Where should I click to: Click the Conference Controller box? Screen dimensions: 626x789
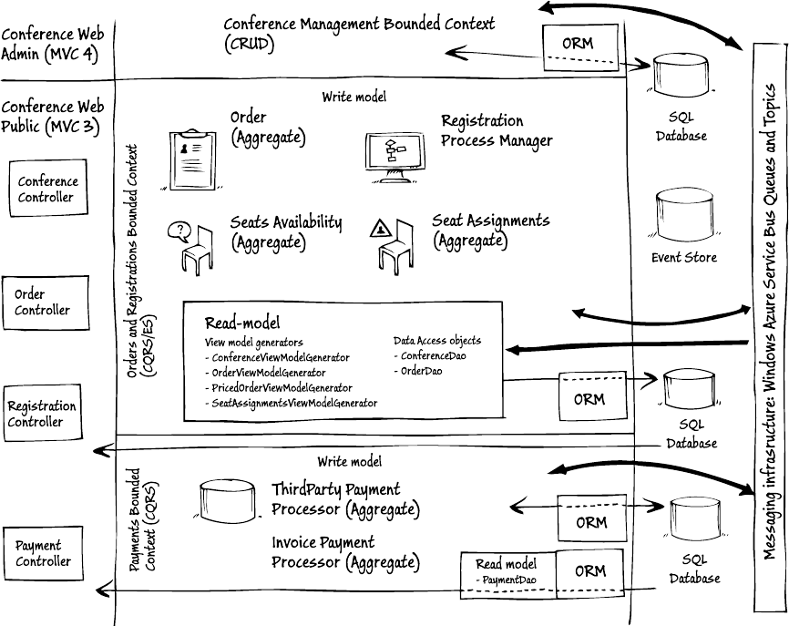coord(47,190)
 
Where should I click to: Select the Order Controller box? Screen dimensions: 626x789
coord(42,303)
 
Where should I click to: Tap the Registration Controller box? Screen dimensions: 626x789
coord(42,414)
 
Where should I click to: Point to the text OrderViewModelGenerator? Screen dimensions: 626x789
coord(269,373)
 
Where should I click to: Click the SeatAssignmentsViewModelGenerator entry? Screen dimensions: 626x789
coord(291,403)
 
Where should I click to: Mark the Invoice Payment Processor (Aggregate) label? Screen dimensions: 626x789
coord(345,552)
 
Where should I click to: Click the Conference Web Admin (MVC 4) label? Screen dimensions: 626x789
coord(53,45)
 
